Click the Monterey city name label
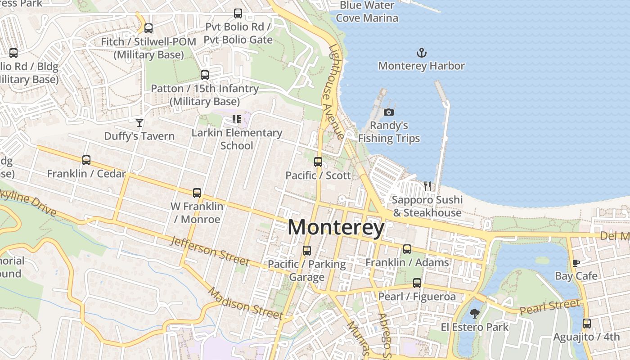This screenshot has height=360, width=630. coord(336,227)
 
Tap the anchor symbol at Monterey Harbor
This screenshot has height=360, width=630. coord(421,53)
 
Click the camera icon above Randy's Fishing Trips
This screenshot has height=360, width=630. coord(389,112)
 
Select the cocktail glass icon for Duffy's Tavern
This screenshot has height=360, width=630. coord(139,122)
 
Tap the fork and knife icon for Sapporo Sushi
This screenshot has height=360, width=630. coord(427,186)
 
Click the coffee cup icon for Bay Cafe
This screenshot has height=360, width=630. coord(576,263)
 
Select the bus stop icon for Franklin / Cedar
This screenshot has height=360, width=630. coord(86,160)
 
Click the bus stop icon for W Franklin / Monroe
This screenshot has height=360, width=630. coord(197,193)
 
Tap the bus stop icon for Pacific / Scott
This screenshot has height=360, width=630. coord(318,162)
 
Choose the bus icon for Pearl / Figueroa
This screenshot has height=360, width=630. coord(417,283)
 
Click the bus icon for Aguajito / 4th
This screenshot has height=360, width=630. coord(586,323)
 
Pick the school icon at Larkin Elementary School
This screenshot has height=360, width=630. coord(237,119)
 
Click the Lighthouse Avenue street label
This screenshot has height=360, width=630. coord(336,92)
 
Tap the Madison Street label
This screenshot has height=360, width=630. coord(245,304)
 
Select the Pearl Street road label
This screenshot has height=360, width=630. coord(549,308)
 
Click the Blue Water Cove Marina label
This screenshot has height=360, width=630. coord(367,12)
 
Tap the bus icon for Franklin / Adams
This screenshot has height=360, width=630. coord(407,249)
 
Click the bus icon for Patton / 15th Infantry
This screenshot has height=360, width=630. coord(205,75)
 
